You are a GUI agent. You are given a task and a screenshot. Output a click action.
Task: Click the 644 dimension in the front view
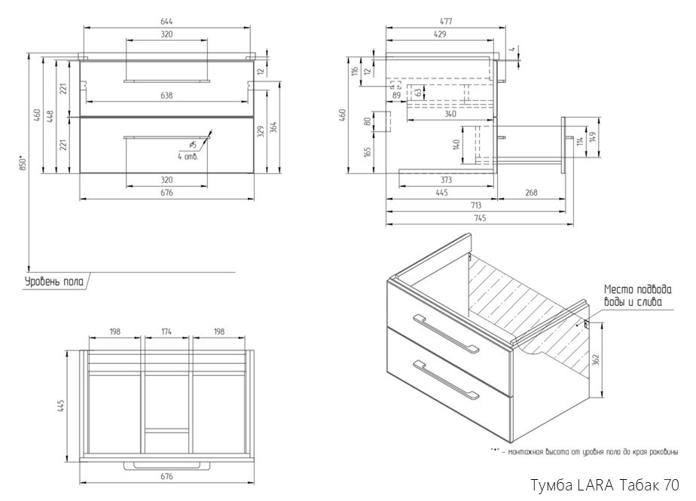coord(166,22)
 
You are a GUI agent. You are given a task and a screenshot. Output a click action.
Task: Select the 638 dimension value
coord(166,95)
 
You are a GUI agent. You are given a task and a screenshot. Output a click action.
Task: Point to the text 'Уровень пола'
coord(53,282)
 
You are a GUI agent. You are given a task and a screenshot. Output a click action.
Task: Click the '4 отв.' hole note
coord(188,156)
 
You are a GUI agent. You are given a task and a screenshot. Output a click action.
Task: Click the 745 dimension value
coord(479,218)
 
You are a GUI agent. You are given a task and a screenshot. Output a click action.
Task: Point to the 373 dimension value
coord(447,180)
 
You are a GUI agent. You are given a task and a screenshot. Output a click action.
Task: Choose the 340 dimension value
coord(450,114)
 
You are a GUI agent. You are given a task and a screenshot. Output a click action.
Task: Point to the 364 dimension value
coord(275,127)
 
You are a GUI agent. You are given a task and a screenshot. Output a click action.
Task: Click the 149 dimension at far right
coord(594,138)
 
